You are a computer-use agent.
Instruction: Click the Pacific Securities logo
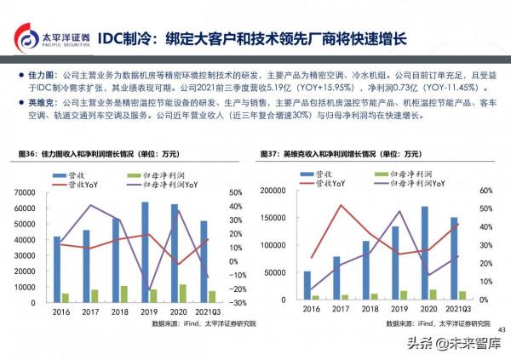point(49,38)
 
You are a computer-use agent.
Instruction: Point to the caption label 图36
point(29,154)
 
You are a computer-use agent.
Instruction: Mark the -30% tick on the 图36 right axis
point(238,302)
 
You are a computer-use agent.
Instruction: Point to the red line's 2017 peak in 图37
point(342,205)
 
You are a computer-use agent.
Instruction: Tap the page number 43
point(501,330)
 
